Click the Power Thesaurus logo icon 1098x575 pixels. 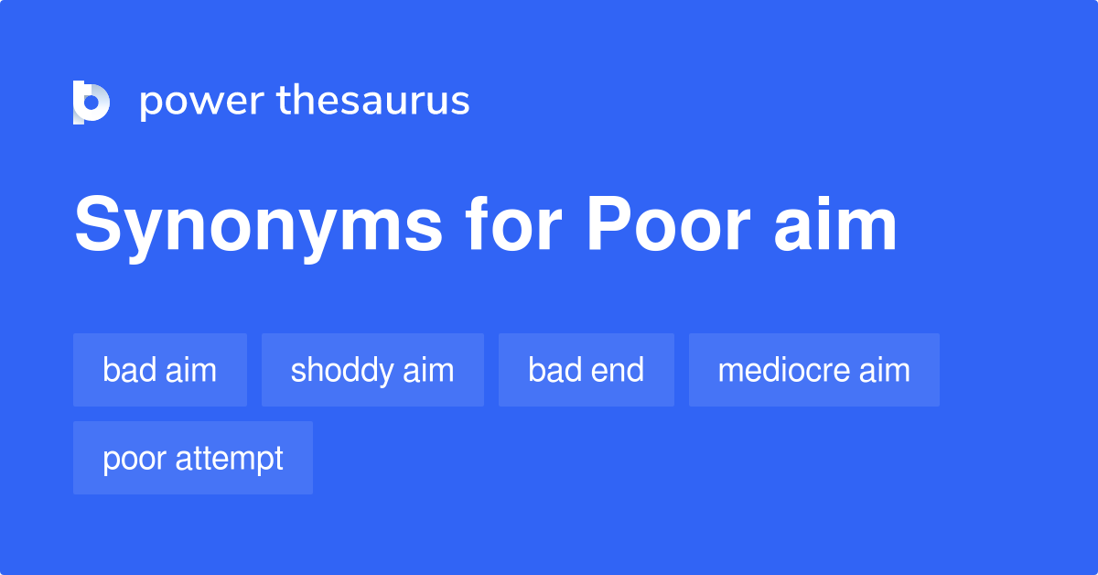click(x=91, y=102)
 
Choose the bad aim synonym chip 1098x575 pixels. click(x=160, y=370)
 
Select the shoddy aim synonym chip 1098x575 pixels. click(x=372, y=370)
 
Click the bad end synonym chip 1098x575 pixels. click(x=587, y=370)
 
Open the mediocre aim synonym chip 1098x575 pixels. click(x=814, y=370)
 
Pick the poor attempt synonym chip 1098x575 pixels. click(x=193, y=458)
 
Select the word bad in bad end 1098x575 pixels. click(x=553, y=370)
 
